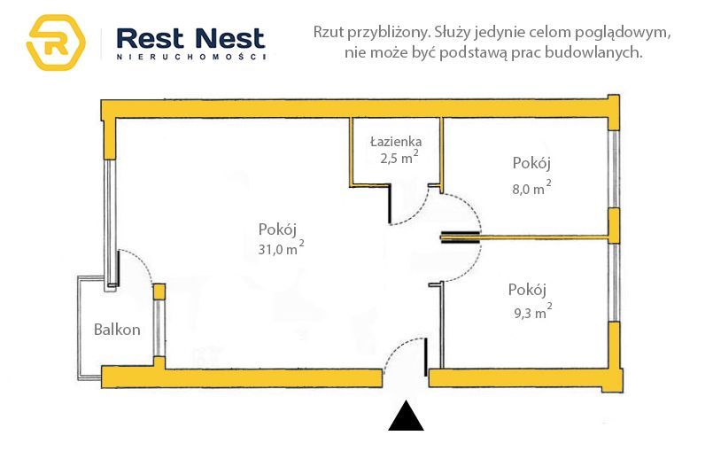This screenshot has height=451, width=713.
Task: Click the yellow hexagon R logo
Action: click(x=56, y=43)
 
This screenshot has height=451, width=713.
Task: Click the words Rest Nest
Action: click(x=190, y=38)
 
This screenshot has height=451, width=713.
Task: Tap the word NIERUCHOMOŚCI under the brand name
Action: click(x=191, y=58)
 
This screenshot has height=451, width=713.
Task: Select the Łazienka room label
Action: click(x=396, y=142)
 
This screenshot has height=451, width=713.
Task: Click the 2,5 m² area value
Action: click(x=399, y=158)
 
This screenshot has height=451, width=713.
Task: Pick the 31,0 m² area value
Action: click(x=281, y=248)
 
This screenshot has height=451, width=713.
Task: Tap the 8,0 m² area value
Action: click(x=531, y=187)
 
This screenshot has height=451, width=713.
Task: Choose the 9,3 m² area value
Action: click(x=533, y=312)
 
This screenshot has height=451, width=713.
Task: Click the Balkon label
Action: click(x=117, y=329)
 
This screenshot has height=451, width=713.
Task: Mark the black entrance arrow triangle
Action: click(x=406, y=416)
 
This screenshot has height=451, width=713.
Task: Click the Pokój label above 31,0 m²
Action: click(x=277, y=229)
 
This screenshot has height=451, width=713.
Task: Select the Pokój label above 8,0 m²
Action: click(x=531, y=163)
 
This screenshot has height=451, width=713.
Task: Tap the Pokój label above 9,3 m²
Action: click(x=527, y=290)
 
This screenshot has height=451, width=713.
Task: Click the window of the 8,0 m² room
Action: click(x=614, y=169)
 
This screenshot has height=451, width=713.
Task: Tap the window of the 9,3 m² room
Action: click(x=614, y=282)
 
